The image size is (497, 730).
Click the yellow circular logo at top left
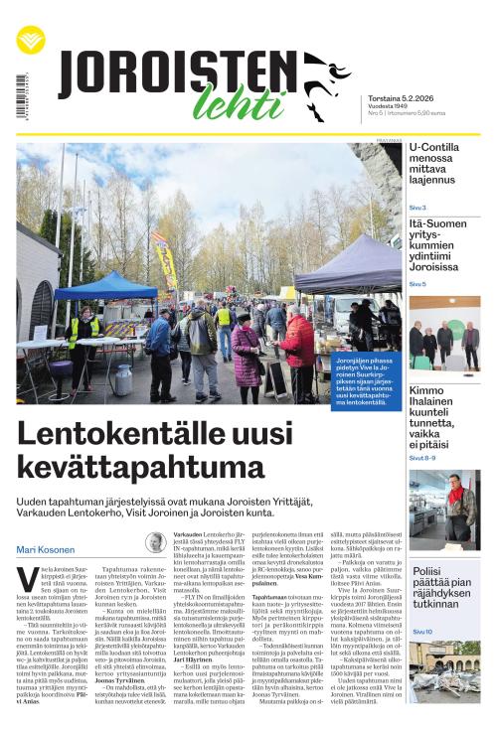(x=31, y=39)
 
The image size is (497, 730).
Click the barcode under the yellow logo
(x=21, y=94)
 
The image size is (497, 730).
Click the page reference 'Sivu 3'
(x=417, y=208)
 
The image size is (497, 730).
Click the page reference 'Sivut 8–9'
(x=421, y=458)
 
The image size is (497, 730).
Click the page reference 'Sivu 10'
(x=420, y=632)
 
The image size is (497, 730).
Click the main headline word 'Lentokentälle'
(x=119, y=436)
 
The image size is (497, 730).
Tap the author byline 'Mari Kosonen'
(x=46, y=550)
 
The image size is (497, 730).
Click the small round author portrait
(x=155, y=542)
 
